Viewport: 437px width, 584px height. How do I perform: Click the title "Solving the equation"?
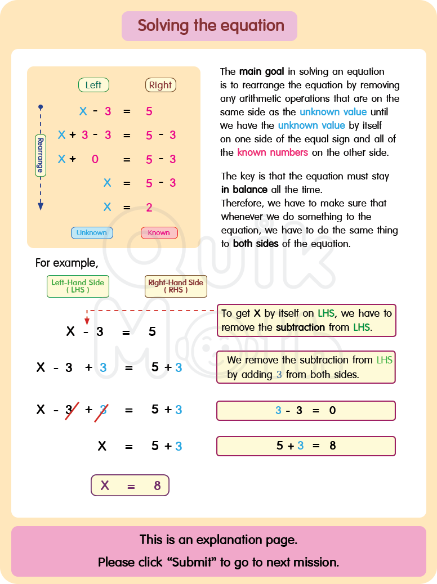[x=211, y=26]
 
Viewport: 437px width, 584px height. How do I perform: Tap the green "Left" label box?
[x=93, y=85]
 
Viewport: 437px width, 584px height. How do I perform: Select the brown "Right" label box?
[x=160, y=85]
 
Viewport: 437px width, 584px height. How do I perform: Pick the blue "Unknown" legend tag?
[x=92, y=233]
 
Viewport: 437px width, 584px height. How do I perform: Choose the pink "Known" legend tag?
[x=159, y=233]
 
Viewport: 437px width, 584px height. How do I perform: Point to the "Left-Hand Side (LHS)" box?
[x=78, y=286]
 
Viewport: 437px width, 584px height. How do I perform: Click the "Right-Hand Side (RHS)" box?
[x=176, y=286]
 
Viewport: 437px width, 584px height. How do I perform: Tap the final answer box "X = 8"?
[x=130, y=486]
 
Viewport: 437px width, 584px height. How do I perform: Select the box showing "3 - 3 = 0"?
[x=306, y=411]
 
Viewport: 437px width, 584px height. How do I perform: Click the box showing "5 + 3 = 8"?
[x=306, y=446]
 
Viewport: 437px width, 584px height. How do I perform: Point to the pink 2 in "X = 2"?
[x=149, y=208]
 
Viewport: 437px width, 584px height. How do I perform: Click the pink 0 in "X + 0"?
[x=95, y=159]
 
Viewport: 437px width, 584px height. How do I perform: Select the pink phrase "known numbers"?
[x=273, y=152]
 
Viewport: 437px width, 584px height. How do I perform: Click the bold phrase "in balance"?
[x=244, y=190]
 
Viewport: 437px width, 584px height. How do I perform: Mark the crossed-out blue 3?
[x=103, y=410]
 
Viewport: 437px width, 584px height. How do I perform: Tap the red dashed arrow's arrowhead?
[x=87, y=320]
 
